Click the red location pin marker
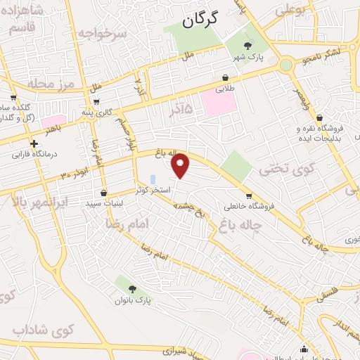pos(181,165)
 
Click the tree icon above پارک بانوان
pos(132,288)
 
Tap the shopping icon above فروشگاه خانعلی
pos(248,195)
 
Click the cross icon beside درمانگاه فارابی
pos(33,143)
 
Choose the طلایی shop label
pos(224,89)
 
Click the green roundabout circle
pos(286,65)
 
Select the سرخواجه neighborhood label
pos(102,32)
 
